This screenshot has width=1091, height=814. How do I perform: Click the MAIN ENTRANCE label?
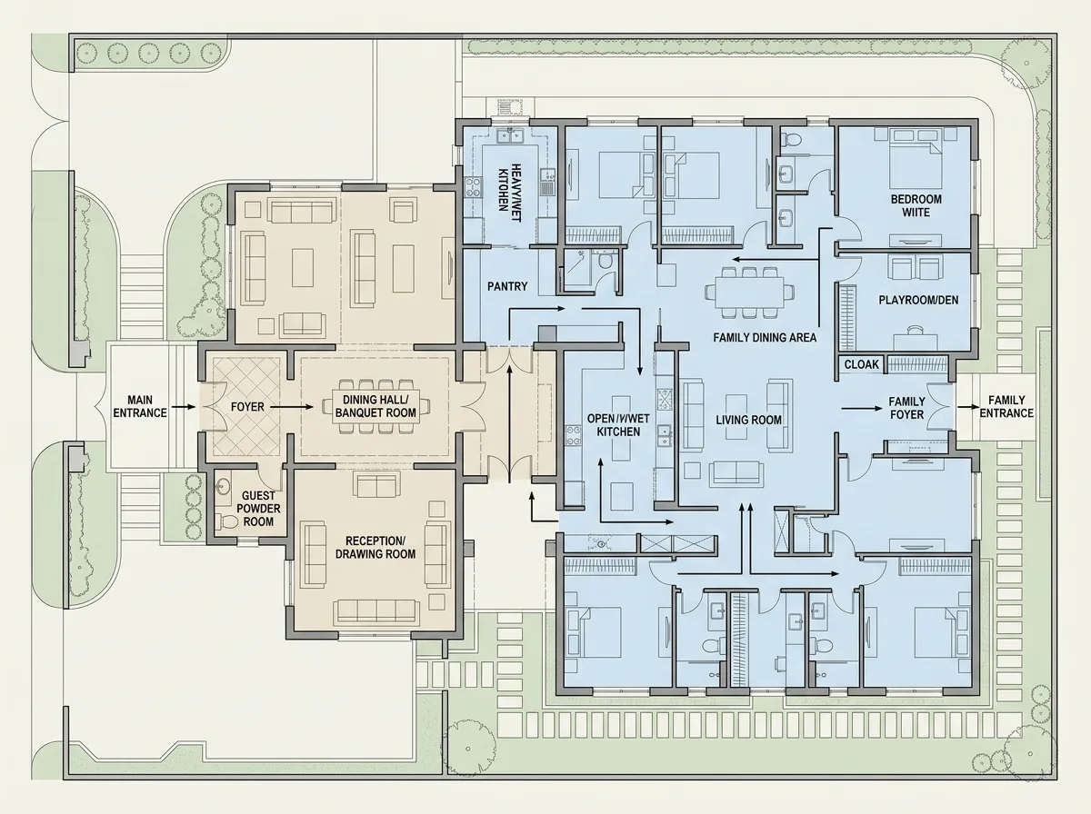coord(140,406)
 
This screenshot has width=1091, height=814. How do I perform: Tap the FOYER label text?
coord(247,407)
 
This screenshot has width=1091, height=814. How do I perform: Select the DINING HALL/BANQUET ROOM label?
coord(375,406)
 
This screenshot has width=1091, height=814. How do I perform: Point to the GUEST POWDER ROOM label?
coord(258,509)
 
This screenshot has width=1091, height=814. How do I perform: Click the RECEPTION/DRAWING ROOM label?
coord(375,547)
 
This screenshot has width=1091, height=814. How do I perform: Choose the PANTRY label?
coord(507,286)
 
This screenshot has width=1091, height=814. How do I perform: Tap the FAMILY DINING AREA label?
coord(765,338)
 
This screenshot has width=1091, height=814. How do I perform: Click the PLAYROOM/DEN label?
coord(918,300)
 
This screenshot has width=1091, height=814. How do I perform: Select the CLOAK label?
coord(862,364)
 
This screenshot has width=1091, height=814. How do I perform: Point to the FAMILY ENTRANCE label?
coord(1006,407)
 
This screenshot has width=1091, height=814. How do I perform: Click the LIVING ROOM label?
coord(748,420)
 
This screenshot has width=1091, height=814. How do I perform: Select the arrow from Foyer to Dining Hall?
coord(292,407)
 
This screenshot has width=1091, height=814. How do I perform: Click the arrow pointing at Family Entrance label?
coord(967,407)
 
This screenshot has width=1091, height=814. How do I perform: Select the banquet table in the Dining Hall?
coord(375,407)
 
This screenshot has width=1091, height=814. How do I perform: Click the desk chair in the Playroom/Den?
coord(915,330)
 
